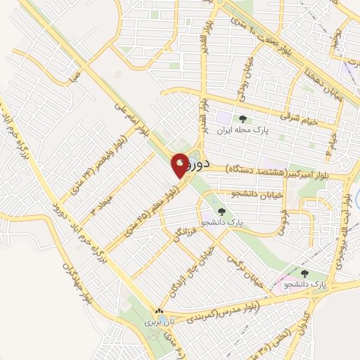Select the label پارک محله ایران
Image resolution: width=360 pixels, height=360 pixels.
pyautogui.click(x=243, y=131)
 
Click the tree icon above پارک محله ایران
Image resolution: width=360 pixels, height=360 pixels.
pyautogui.click(x=243, y=120)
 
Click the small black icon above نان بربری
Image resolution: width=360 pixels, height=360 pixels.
pyautogui.click(x=159, y=311)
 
